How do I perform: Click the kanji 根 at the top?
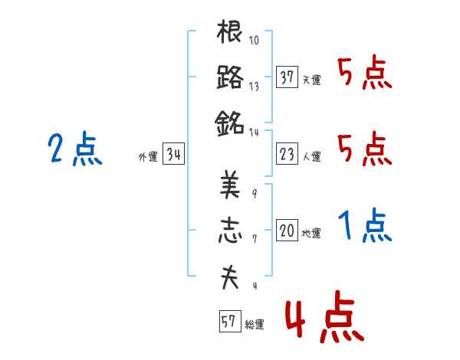point(229,31)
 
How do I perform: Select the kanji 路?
point(230,77)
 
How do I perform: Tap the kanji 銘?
point(229,123)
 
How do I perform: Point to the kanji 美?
point(230,185)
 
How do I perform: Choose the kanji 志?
point(230,230)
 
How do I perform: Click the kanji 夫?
point(230,277)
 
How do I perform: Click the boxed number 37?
point(287,77)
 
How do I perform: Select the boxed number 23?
point(287,153)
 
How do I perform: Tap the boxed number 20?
point(287,230)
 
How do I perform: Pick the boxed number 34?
point(173,153)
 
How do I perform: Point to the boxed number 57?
point(230,321)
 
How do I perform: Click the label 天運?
point(312,80)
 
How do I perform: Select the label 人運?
point(312,156)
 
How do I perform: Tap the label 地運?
point(311,233)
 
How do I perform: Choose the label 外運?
point(148,156)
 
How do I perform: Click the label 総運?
point(255,324)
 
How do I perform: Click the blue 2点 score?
point(75,149)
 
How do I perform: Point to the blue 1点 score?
point(365,225)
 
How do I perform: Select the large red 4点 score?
point(325,316)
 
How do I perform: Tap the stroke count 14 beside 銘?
point(254,133)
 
